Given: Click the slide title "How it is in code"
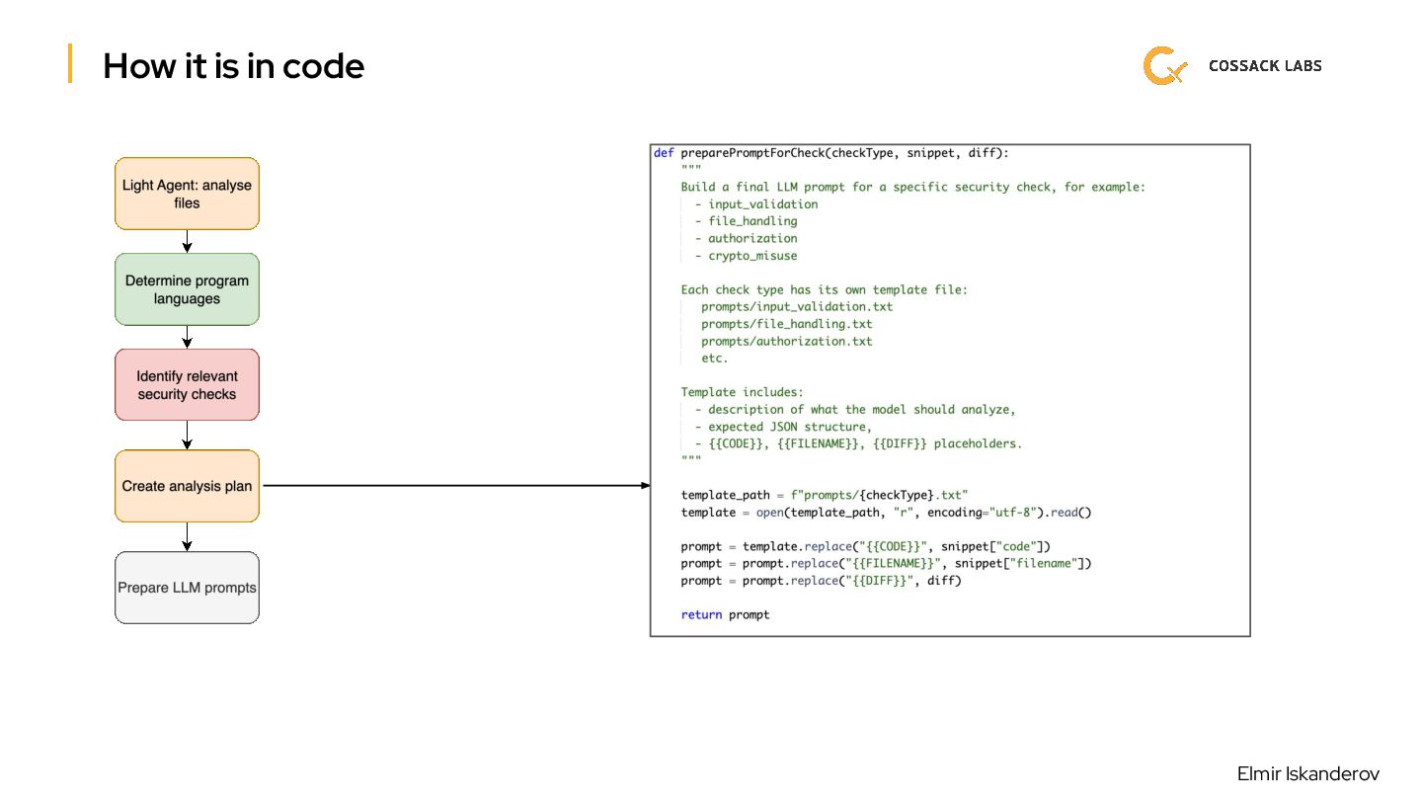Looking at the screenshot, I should tap(233, 66).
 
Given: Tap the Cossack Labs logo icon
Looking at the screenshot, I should tap(1164, 66).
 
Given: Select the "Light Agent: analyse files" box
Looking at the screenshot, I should tap(187, 194).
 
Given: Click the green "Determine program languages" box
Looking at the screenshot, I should tap(187, 289).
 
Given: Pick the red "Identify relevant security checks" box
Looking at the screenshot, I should tap(187, 385).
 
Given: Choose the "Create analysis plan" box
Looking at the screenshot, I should tap(187, 486).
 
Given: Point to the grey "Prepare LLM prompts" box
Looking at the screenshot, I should tap(187, 588).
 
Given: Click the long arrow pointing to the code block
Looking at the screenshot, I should tap(454, 486).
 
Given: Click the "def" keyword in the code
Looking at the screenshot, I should tap(664, 153).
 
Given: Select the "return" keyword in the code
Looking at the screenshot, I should tap(701, 614).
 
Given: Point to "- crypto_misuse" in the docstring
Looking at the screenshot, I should tap(746, 256).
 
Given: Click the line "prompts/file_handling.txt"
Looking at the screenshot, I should tap(786, 324).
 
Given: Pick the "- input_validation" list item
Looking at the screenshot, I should tap(755, 204).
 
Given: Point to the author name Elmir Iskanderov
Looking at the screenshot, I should tap(1307, 774).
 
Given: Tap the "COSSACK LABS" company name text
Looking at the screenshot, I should tap(1264, 66).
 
